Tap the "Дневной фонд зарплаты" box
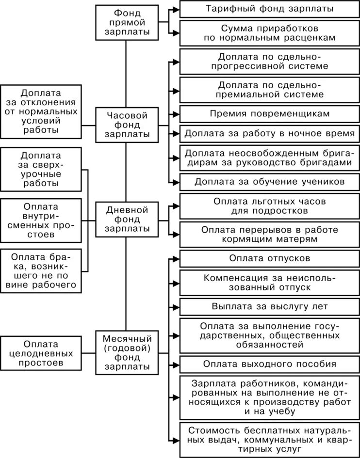pyautogui.click(x=126, y=219)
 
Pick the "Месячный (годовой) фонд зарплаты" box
pyautogui.click(x=126, y=352)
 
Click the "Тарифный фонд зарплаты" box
pyautogui.click(x=269, y=9)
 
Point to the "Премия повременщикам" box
pyautogui.click(x=269, y=113)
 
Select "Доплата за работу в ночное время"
pyautogui.click(x=269, y=132)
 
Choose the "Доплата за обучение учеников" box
pyautogui.click(x=269, y=182)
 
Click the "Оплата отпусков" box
pyautogui.click(x=269, y=258)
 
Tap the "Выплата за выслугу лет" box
pyautogui.click(x=269, y=306)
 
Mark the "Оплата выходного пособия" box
pyautogui.click(x=269, y=364)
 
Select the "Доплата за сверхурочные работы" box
pyautogui.click(x=40, y=170)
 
